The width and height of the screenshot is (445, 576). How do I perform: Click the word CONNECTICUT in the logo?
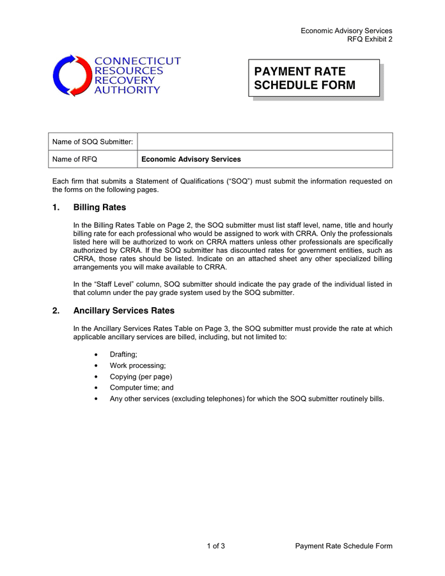[x=137, y=61]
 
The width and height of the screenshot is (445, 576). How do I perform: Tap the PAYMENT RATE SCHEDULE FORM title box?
[x=315, y=79]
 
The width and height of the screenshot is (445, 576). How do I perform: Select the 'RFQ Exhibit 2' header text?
[x=370, y=39]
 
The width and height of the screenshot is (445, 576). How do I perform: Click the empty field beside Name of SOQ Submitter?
[x=265, y=141]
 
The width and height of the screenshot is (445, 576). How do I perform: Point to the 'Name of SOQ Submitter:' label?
[x=93, y=141]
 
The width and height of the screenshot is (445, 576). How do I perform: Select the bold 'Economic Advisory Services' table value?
[x=191, y=159]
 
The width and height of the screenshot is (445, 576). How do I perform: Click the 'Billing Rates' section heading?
[x=100, y=207]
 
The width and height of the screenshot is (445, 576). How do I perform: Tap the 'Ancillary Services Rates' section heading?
[x=124, y=311]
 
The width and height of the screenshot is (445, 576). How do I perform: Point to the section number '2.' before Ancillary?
[x=56, y=311]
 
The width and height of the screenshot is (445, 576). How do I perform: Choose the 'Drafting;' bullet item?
[x=123, y=354]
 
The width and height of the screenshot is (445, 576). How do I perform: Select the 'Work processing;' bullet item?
[x=137, y=365]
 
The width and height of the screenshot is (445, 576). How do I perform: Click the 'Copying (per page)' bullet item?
[x=141, y=376]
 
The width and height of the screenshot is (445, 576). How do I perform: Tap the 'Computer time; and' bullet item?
[x=141, y=387]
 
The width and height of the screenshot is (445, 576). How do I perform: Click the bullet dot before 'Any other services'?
[x=96, y=399]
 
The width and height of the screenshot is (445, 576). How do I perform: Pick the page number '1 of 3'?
[x=215, y=546]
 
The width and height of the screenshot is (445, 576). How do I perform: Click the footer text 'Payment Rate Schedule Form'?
[x=343, y=546]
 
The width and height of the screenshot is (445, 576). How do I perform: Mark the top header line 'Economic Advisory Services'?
[x=347, y=31]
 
